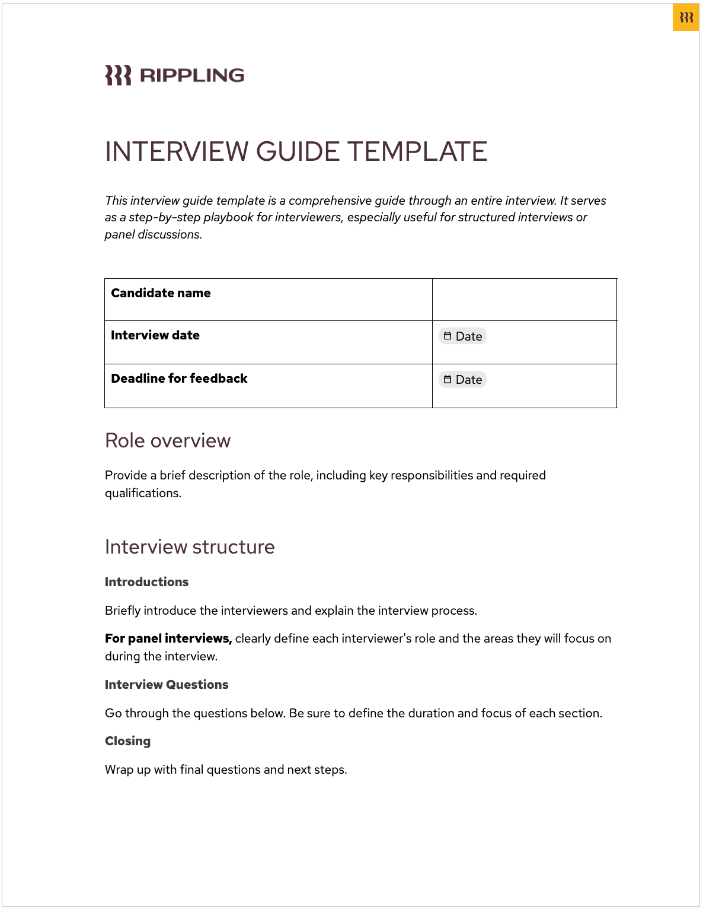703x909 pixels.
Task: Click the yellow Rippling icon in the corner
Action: click(x=686, y=17)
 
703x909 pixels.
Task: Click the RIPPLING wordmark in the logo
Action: click(x=192, y=75)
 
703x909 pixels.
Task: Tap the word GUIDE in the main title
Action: click(x=298, y=152)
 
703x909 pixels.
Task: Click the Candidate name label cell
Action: click(x=161, y=293)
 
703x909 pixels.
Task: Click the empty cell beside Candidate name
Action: click(x=524, y=300)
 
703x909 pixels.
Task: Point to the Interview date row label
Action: click(x=155, y=335)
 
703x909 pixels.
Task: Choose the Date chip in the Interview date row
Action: click(x=463, y=336)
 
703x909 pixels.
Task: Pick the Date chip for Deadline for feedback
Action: click(x=463, y=380)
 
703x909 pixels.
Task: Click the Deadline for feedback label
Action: click(x=179, y=379)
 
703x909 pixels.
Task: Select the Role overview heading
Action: click(x=168, y=441)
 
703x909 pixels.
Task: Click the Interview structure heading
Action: click(x=190, y=547)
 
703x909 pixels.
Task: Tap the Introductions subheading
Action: click(x=146, y=582)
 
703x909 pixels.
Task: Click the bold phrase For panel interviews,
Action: click(x=168, y=638)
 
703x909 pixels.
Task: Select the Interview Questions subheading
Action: click(x=167, y=685)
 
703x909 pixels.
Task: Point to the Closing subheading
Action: click(x=127, y=741)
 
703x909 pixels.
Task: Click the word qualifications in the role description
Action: click(x=142, y=493)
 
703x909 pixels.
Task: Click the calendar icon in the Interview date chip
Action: click(x=448, y=336)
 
